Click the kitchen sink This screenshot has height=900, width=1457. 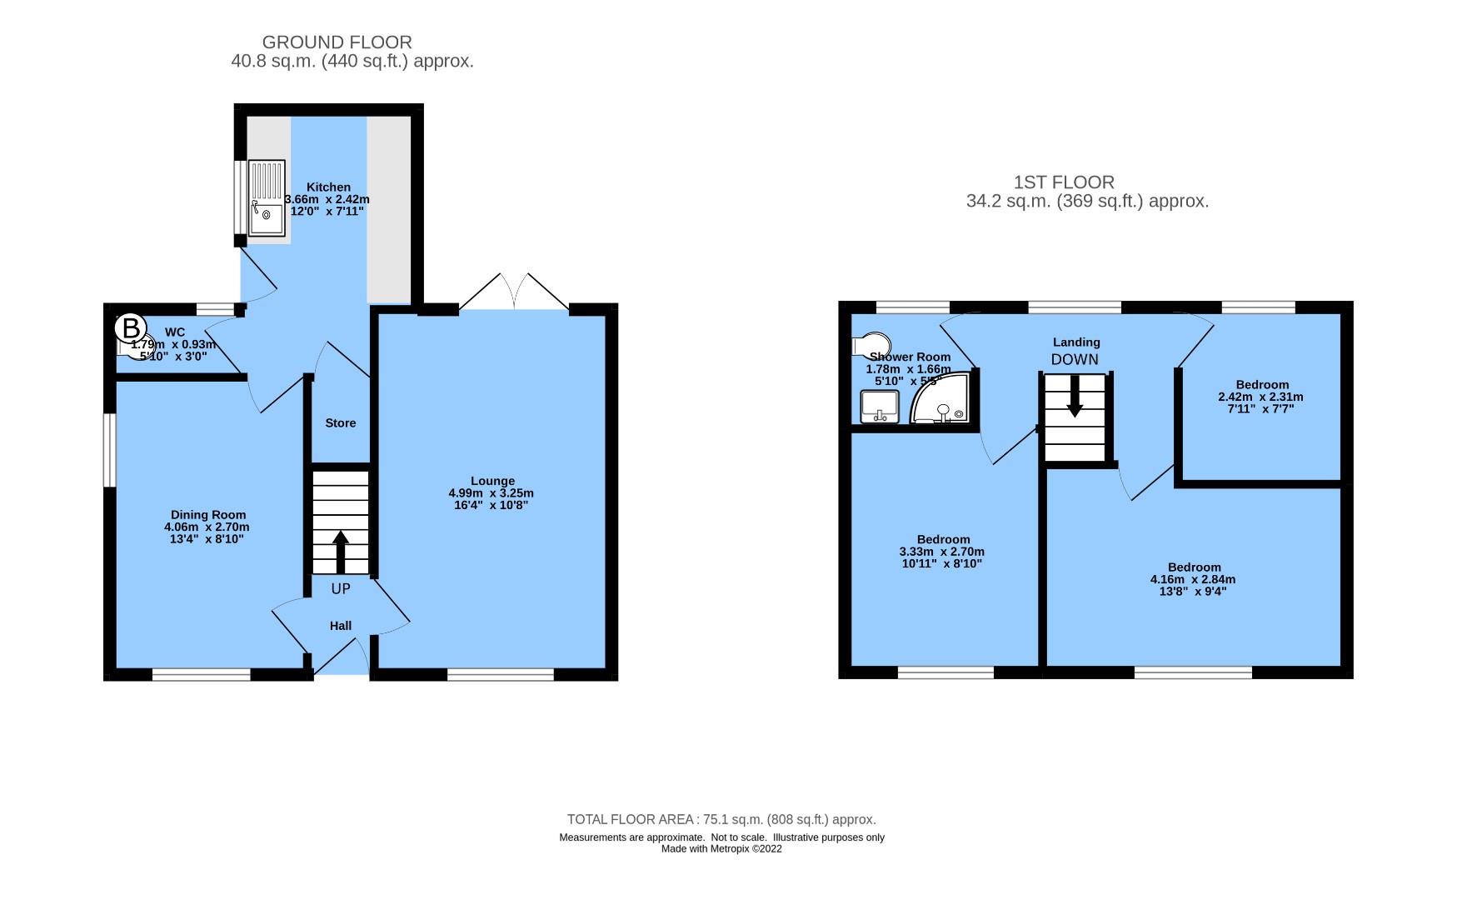click(x=267, y=198)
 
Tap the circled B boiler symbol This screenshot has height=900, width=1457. click(x=130, y=327)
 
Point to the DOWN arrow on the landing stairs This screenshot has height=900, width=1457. click(x=1075, y=397)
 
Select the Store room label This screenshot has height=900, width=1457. click(x=340, y=423)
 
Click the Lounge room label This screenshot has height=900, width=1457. click(x=492, y=481)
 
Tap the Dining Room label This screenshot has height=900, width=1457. click(x=208, y=515)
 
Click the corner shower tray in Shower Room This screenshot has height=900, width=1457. click(x=942, y=401)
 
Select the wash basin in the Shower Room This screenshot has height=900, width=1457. click(x=879, y=407)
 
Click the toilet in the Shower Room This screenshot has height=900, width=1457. click(x=871, y=344)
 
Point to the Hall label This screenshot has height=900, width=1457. click(x=340, y=626)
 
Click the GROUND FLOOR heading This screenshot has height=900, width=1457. click(x=337, y=42)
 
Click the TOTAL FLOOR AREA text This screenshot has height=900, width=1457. click(x=721, y=819)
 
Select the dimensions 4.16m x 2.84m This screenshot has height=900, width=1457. click(x=1193, y=579)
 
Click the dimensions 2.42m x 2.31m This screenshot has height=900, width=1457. click(x=1260, y=397)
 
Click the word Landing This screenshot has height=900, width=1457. click(x=1076, y=342)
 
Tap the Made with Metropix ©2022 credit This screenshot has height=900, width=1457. click(x=721, y=849)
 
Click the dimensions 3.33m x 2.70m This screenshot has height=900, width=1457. click(x=942, y=552)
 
